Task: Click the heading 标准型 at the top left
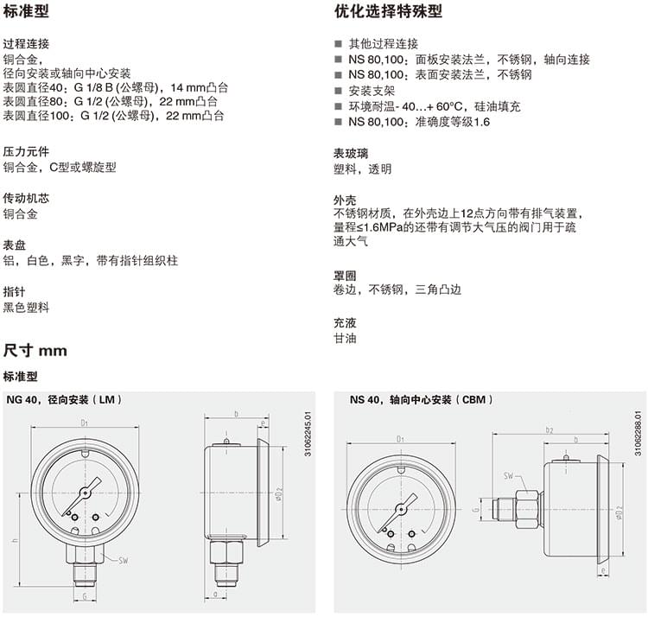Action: click(26, 11)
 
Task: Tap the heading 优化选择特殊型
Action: click(388, 11)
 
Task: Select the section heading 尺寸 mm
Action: click(35, 351)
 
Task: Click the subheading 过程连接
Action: click(26, 44)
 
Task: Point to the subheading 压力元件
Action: click(26, 152)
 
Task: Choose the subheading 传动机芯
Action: click(26, 199)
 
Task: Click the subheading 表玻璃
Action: click(351, 154)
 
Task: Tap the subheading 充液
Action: click(345, 322)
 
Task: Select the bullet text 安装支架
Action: click(372, 91)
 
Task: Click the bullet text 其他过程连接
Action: click(383, 44)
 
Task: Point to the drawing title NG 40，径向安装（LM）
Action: click(64, 399)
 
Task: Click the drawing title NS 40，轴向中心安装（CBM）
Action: click(421, 399)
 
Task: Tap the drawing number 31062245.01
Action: click(308, 434)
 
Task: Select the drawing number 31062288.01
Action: click(638, 433)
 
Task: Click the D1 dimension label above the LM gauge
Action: click(85, 423)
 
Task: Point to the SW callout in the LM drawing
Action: click(124, 561)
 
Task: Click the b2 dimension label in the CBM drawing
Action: click(550, 430)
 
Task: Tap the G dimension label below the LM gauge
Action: click(85, 597)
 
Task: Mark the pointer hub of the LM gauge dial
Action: click(86, 493)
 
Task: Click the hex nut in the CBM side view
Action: click(528, 509)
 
